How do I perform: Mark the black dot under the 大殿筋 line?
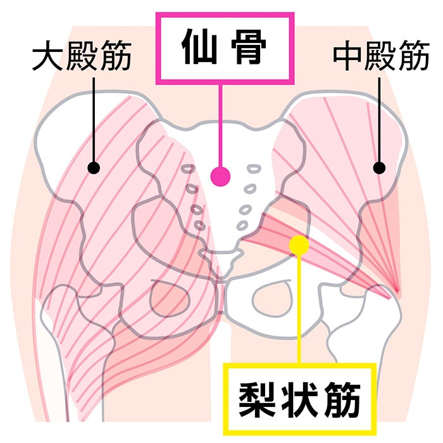coord(94,168)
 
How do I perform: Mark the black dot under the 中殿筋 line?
coord(379,168)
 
